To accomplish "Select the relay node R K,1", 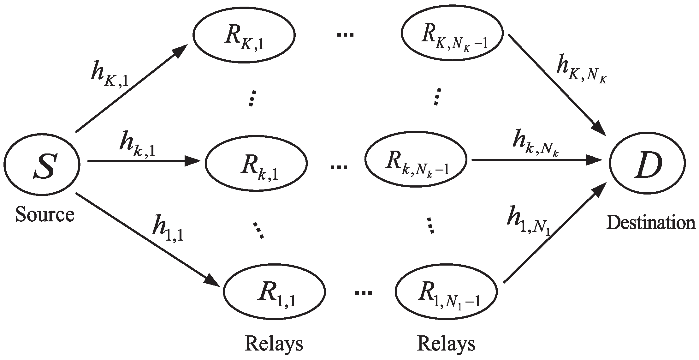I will click(x=244, y=35).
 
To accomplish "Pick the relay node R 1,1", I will click(x=274, y=291).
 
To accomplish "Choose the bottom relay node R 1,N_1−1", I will click(x=446, y=291).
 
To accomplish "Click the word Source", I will click(x=45, y=214).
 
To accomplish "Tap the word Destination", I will click(x=651, y=223).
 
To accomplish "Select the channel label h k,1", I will click(x=137, y=145).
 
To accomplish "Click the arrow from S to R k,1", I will click(x=144, y=161).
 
